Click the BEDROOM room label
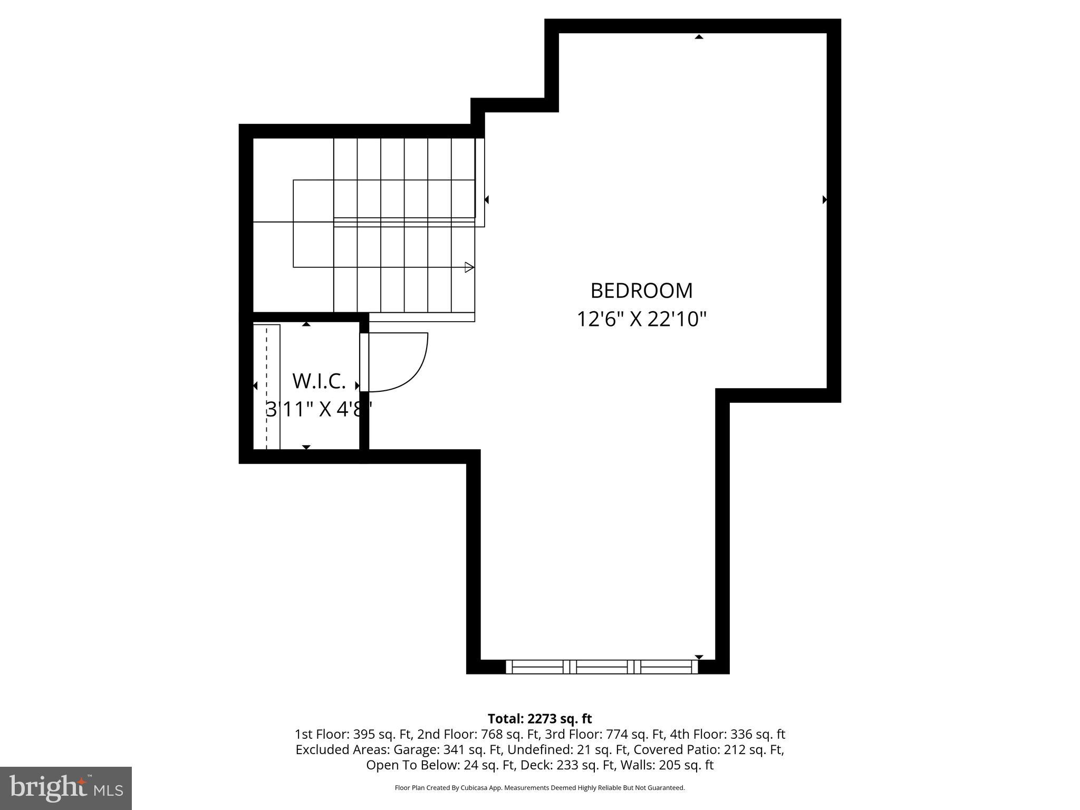(x=641, y=291)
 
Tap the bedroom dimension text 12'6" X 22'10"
(x=641, y=319)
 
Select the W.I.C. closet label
(x=319, y=381)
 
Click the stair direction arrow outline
(x=469, y=267)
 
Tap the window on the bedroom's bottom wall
(x=602, y=667)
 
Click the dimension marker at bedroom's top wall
(x=699, y=36)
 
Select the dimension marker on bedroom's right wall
(x=824, y=199)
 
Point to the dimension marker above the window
(x=699, y=657)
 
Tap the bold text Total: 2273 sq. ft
(x=539, y=718)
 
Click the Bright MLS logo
(x=66, y=788)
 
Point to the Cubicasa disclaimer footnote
(x=539, y=788)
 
